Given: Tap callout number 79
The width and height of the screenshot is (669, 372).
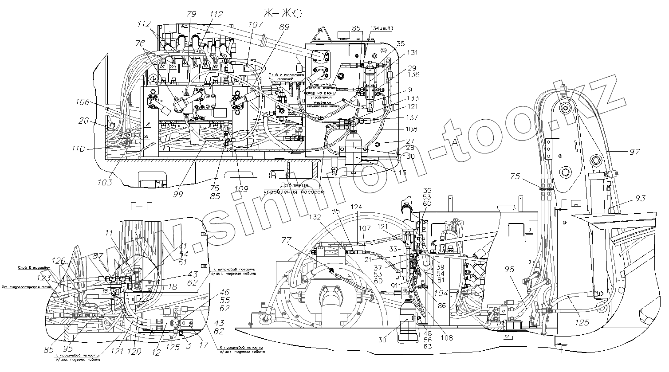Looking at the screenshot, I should [x=192, y=14].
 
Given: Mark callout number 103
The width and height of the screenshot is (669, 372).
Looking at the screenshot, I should [x=104, y=182].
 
